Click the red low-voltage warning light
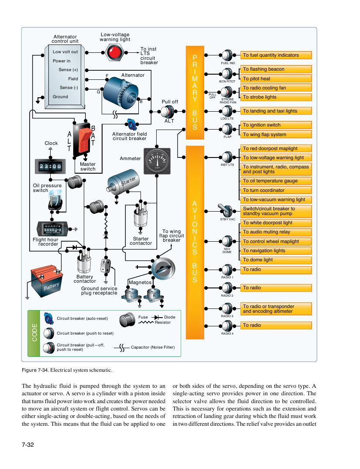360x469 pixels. click(114, 53)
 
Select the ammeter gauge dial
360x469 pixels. click(157, 161)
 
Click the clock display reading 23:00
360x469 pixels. click(50, 166)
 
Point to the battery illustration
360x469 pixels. click(47, 281)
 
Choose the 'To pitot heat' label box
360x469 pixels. click(276, 79)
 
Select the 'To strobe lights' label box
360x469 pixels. click(276, 97)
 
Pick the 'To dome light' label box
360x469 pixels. click(276, 260)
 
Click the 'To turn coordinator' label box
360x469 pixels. click(276, 190)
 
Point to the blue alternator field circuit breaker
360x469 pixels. click(132, 124)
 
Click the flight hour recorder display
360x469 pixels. click(52, 229)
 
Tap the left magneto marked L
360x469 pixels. click(131, 294)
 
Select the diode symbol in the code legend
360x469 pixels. click(157, 317)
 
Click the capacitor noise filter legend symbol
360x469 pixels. click(122, 348)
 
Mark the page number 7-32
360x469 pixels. click(28, 445)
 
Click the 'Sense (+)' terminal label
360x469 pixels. click(68, 70)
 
